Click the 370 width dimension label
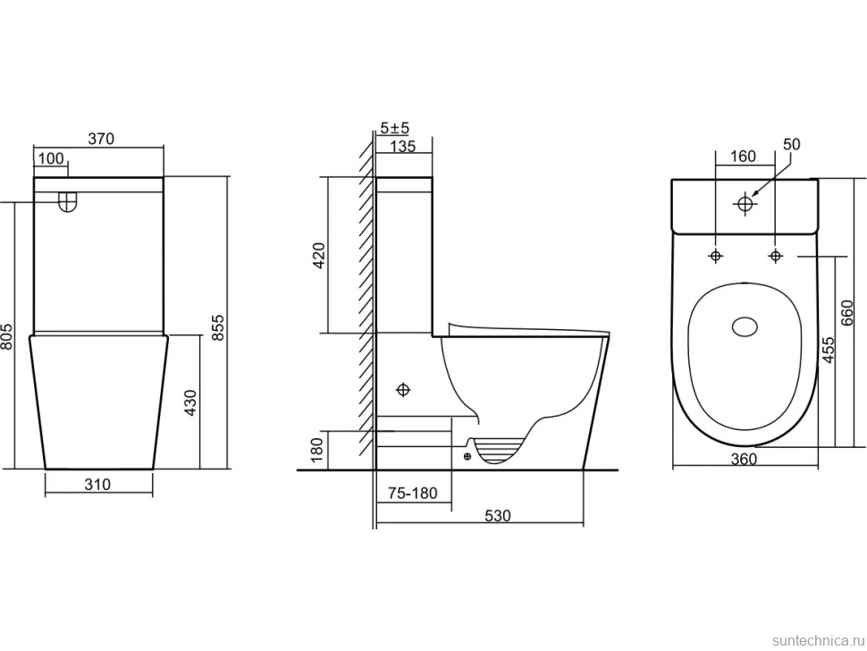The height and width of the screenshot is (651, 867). point(101,139)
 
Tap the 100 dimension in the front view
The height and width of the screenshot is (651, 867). point(51,159)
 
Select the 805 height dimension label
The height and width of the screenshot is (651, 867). point(6,335)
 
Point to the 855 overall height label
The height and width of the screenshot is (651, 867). point(218,327)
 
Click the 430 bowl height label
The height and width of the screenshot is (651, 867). point(189,402)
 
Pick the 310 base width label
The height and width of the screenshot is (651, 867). point(97,484)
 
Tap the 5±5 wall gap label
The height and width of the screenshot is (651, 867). point(395,128)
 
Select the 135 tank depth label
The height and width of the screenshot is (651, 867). point(402,146)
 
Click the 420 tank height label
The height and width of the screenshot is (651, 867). point(319,255)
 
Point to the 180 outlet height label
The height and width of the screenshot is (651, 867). point(316,450)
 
